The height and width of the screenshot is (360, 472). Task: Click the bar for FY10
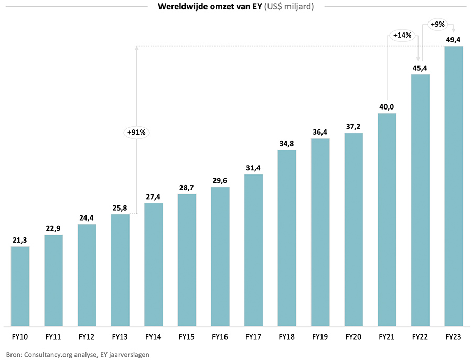point(20,286)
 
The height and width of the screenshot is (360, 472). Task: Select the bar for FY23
point(454,186)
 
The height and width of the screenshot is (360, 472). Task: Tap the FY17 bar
point(253,249)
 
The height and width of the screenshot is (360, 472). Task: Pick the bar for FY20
point(353,228)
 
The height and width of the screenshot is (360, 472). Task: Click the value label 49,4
point(454,39)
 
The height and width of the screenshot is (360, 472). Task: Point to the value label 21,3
point(20,240)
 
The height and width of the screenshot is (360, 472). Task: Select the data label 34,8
point(287,144)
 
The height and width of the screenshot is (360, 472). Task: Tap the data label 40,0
point(387,106)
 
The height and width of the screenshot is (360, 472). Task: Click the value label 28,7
point(187,188)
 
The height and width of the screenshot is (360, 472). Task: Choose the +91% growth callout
point(137,133)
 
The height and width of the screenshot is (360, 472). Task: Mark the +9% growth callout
point(438,24)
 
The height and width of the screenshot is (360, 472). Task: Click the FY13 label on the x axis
point(120,336)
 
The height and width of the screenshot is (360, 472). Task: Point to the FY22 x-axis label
point(420,336)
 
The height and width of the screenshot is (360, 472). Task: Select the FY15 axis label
point(187,336)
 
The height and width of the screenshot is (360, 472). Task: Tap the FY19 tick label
point(320,336)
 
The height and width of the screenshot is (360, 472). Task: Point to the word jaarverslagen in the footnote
point(127,354)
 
